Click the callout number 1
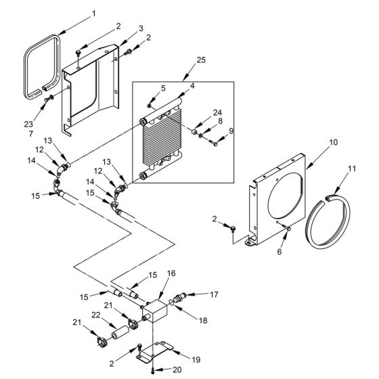click(x=93, y=13)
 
